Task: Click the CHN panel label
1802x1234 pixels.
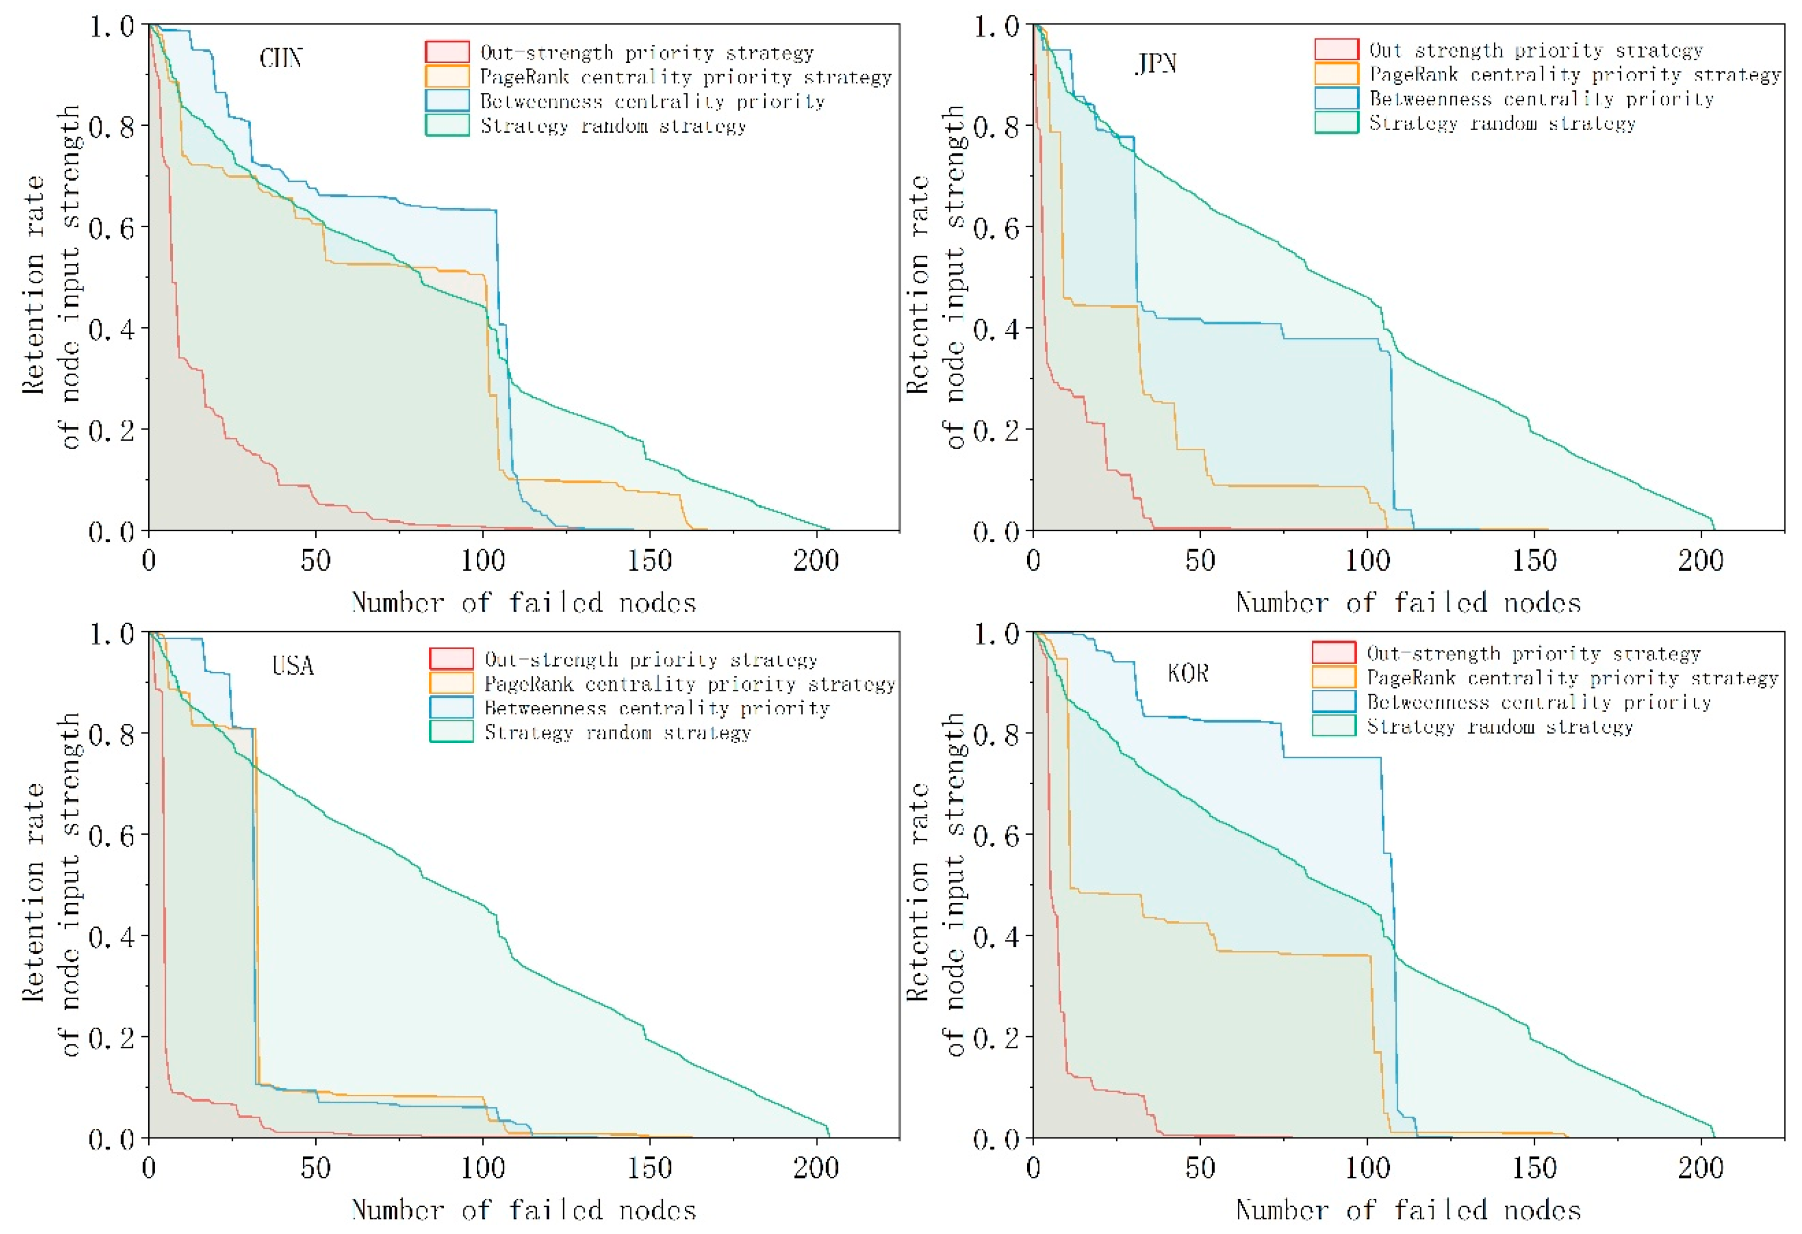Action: (x=281, y=59)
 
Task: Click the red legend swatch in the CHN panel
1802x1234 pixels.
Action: (x=447, y=52)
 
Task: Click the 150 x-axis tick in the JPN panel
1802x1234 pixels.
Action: (x=1534, y=560)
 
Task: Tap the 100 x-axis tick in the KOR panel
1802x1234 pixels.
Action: (x=1367, y=1168)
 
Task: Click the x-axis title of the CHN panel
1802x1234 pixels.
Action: (x=524, y=603)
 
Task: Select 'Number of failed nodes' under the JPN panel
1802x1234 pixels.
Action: (x=1408, y=603)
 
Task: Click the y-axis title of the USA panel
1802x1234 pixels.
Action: (x=51, y=884)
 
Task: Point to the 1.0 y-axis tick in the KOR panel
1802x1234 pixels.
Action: (x=996, y=634)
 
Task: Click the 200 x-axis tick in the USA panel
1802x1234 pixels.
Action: (x=816, y=1168)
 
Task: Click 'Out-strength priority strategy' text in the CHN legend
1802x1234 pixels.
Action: (x=647, y=53)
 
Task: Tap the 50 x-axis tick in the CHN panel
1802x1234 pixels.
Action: (x=316, y=560)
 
